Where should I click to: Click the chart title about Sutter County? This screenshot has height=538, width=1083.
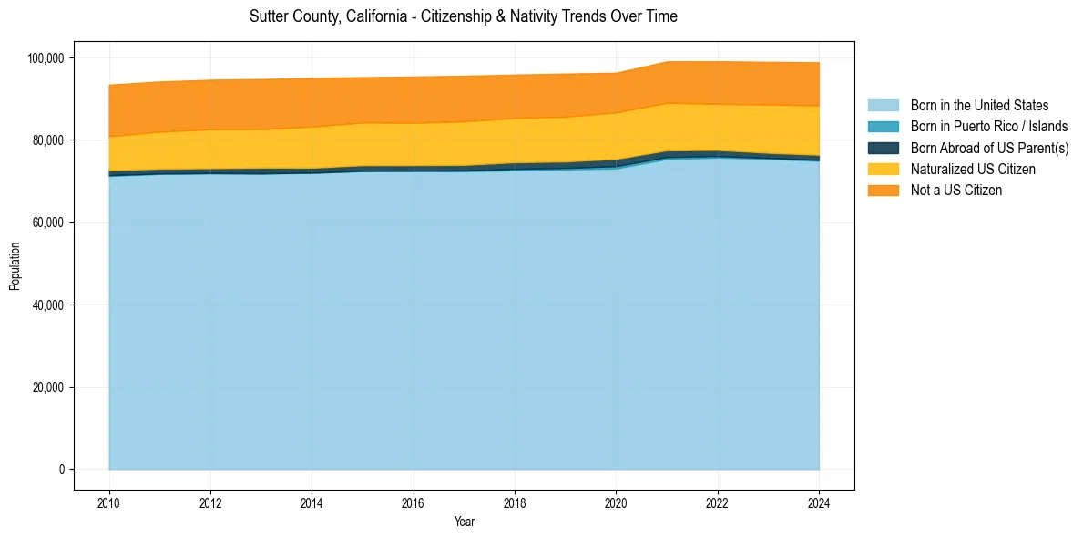click(x=464, y=16)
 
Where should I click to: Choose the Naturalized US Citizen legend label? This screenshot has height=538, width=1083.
click(x=973, y=170)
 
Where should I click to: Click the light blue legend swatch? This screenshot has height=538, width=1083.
click(x=883, y=106)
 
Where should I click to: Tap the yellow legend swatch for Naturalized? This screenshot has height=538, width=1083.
click(x=883, y=170)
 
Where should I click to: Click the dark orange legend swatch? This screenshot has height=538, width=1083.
click(x=883, y=191)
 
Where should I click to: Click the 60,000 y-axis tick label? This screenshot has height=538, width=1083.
click(x=48, y=222)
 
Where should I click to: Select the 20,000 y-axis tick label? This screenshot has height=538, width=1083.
click(x=48, y=388)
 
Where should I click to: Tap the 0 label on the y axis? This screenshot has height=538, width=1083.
click(x=62, y=470)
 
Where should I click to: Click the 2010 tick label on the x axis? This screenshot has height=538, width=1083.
click(x=109, y=502)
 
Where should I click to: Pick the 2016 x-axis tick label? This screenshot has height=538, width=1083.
click(x=414, y=502)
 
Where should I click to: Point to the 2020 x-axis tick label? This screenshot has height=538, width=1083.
click(x=617, y=502)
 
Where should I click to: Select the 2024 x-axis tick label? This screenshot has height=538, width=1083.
click(x=820, y=502)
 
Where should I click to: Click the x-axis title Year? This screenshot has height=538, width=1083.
click(x=465, y=522)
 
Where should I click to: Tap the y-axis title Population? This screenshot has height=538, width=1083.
click(x=15, y=266)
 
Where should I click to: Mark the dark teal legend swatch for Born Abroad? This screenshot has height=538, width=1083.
click(x=883, y=148)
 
